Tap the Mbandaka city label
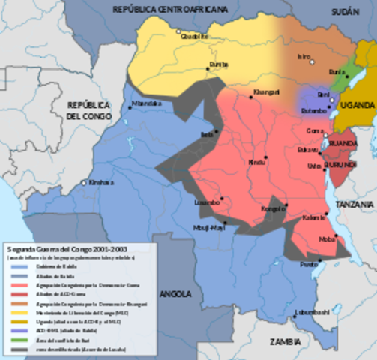[146, 103]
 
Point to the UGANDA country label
[356, 106]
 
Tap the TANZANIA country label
[355, 204]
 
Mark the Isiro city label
[304, 56]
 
